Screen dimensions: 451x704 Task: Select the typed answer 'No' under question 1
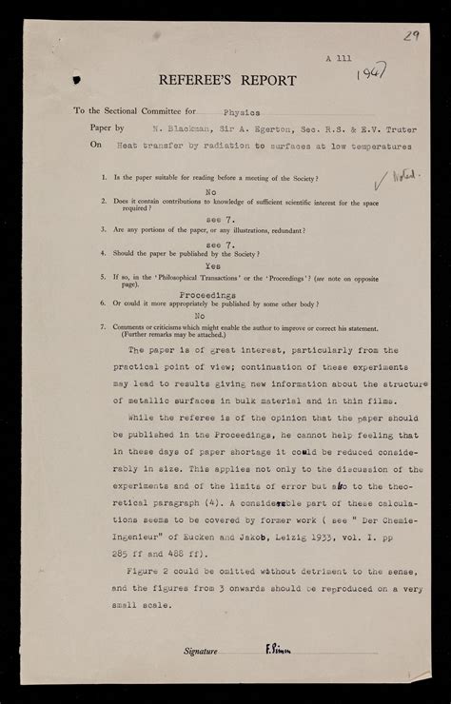210,190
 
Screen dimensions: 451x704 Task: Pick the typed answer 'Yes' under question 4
213,267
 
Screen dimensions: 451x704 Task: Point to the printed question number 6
103,303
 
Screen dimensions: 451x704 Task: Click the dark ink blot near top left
76,81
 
